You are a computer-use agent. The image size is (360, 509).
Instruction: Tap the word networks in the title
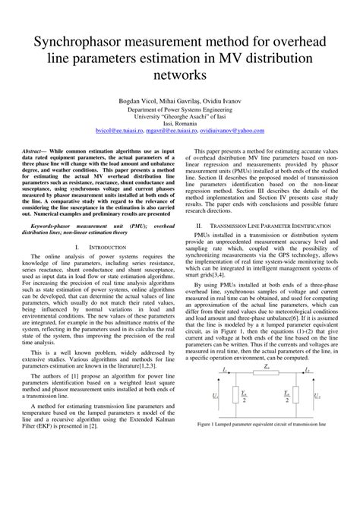179,75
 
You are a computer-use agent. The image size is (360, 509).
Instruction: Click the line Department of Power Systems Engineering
179,110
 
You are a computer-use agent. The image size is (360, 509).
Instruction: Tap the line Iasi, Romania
179,123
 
